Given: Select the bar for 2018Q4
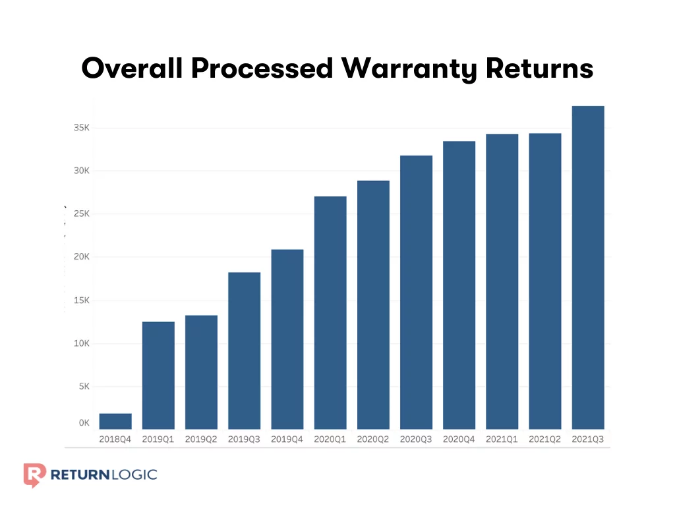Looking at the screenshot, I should [115, 422].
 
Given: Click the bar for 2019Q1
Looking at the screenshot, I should [158, 376].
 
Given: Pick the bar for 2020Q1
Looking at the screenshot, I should [330, 313].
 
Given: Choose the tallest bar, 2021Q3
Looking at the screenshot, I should [588, 267].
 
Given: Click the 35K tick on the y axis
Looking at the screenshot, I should [81, 128].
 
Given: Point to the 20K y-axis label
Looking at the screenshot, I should [81, 257].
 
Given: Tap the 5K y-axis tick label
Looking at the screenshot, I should [84, 387].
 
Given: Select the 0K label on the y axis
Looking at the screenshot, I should [84, 423].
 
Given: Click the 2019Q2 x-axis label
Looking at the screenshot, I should [201, 439].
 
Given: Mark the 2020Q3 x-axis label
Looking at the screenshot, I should [416, 439].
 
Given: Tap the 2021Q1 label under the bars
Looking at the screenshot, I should [502, 439].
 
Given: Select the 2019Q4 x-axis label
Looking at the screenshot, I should [287, 439].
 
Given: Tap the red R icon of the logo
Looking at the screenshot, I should [34, 474].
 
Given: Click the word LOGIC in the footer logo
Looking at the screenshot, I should [134, 474].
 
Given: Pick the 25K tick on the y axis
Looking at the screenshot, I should [81, 214].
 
